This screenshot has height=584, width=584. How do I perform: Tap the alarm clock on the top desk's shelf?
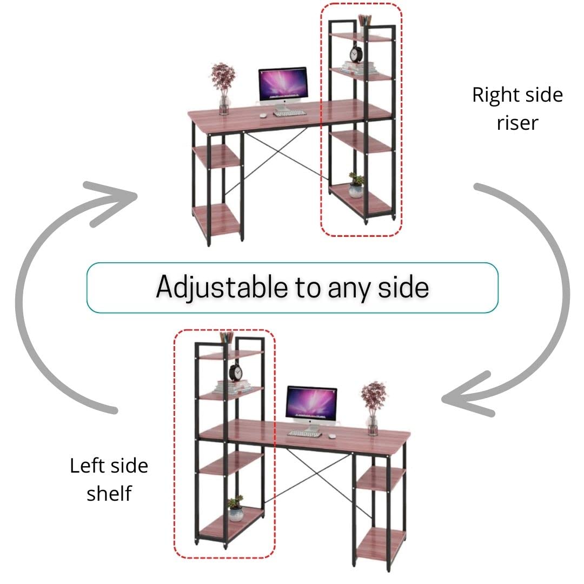[x=356, y=55]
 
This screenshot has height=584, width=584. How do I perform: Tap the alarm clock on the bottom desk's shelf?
[x=235, y=373]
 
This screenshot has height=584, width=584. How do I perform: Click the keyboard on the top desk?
[x=290, y=113]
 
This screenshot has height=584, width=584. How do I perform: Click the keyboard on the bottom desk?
[x=304, y=433]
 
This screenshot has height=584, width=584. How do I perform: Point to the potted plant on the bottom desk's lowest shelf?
[x=235, y=508]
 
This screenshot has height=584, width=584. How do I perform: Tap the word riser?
[x=517, y=123]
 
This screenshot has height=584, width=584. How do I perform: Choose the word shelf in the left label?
[x=109, y=493]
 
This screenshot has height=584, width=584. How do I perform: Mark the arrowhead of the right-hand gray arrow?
[x=460, y=397]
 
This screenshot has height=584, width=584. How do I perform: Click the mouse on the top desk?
[x=263, y=115]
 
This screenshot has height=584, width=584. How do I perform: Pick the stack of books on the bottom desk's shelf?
[x=233, y=388]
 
